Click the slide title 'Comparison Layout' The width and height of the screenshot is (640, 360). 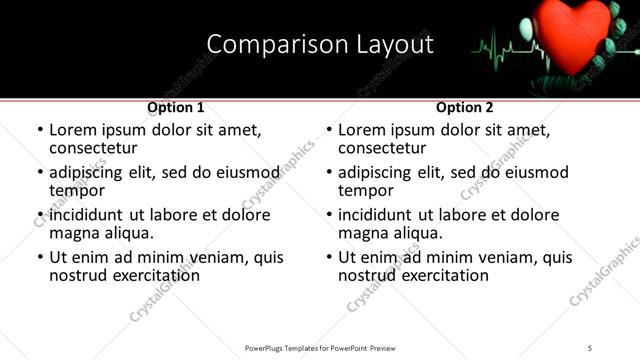coord(320,45)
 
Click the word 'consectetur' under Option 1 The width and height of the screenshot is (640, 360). coord(92,148)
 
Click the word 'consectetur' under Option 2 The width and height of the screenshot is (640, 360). coord(381,148)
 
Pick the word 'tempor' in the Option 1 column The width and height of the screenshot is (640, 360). coord(77,190)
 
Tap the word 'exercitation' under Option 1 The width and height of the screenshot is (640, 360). coord(144,275)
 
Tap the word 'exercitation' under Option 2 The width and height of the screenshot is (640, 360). coord(433,275)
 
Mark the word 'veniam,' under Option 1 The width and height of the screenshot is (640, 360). coord(206,257)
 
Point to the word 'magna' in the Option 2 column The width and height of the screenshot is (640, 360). coord(363,233)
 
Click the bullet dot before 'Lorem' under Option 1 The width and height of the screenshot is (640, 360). coord(40,130)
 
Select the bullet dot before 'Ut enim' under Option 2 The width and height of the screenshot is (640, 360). coord(329,257)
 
